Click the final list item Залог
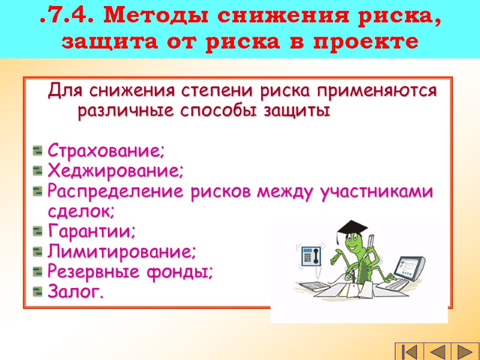[75, 292]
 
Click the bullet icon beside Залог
[38, 293]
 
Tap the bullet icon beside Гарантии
[38, 232]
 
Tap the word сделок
[80, 211]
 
